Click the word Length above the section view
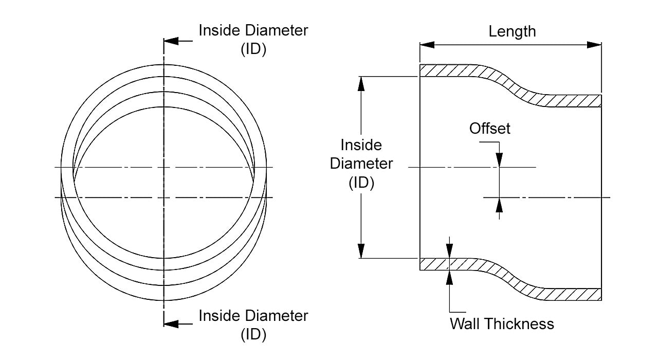click(512, 31)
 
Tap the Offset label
click(490, 128)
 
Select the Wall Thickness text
click(502, 323)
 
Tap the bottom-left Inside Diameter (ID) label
click(253, 324)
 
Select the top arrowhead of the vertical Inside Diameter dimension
click(361, 83)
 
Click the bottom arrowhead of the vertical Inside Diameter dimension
click(361, 251)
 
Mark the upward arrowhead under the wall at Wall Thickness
click(450, 277)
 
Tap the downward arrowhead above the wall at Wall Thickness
click(450, 251)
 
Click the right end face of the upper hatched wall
click(600, 101)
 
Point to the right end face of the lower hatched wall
click(600, 294)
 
